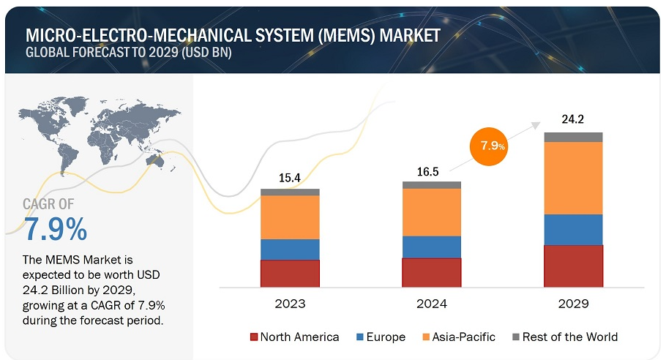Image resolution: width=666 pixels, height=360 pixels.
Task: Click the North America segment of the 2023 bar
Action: [290, 273]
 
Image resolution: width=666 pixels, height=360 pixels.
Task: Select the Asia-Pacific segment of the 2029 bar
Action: [573, 178]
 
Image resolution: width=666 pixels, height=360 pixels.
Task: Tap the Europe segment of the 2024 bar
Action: [432, 247]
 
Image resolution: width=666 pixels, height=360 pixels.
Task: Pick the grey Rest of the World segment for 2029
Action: [573, 137]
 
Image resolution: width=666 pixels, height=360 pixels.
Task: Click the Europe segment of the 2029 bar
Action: [573, 229]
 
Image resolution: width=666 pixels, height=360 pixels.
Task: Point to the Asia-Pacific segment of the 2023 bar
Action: [290, 217]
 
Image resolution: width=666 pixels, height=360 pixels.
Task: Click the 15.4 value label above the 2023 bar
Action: [291, 178]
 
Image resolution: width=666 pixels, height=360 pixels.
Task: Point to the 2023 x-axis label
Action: [291, 303]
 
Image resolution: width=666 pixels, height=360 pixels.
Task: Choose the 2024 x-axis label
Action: [432, 303]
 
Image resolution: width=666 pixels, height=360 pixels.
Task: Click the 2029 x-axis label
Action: [573, 303]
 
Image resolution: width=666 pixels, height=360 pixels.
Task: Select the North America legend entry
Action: [294, 337]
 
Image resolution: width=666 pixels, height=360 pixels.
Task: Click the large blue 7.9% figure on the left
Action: [56, 230]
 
